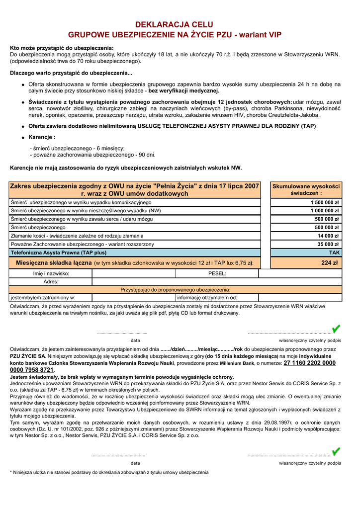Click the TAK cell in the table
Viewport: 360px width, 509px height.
(x=334, y=253)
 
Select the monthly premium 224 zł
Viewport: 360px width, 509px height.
(x=329, y=263)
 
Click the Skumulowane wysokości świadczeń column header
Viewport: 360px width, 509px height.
(x=306, y=189)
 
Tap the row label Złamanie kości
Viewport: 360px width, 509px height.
(x=77, y=236)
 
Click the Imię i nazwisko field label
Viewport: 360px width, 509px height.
(x=51, y=273)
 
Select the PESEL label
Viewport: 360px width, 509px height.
(x=217, y=273)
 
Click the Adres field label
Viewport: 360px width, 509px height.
(x=51, y=282)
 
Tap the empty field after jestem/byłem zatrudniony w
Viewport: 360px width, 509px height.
(x=134, y=298)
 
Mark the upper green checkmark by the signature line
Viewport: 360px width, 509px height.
(x=336, y=329)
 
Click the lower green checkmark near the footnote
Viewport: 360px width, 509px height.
(x=336, y=451)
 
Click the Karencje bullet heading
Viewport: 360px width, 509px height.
(x=42, y=137)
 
